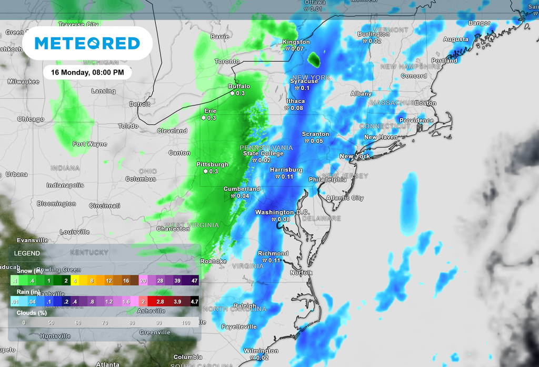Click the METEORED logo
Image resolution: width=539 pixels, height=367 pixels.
pos(87,43)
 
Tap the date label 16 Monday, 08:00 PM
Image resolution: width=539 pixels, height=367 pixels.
pos(87,73)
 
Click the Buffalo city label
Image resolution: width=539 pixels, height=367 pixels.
pos(239,86)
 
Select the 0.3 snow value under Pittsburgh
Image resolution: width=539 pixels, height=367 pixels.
pos(214,172)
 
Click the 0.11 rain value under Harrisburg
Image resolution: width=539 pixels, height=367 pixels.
pos(287,177)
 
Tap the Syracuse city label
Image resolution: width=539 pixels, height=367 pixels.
pos(304,81)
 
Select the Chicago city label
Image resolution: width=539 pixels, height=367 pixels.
pos(31,119)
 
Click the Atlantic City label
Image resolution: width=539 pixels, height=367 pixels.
pos(345,198)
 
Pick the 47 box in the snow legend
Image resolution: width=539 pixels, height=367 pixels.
pos(195,281)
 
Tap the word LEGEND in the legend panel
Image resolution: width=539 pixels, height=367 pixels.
pos(27,253)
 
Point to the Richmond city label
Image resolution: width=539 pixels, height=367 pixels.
pos(273,253)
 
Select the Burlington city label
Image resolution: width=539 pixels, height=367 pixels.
pos(373,34)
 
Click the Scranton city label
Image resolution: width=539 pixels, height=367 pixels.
pos(315,134)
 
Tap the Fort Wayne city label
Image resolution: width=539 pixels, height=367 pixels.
pos(90,144)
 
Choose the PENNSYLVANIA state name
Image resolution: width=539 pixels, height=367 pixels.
pos(266,147)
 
